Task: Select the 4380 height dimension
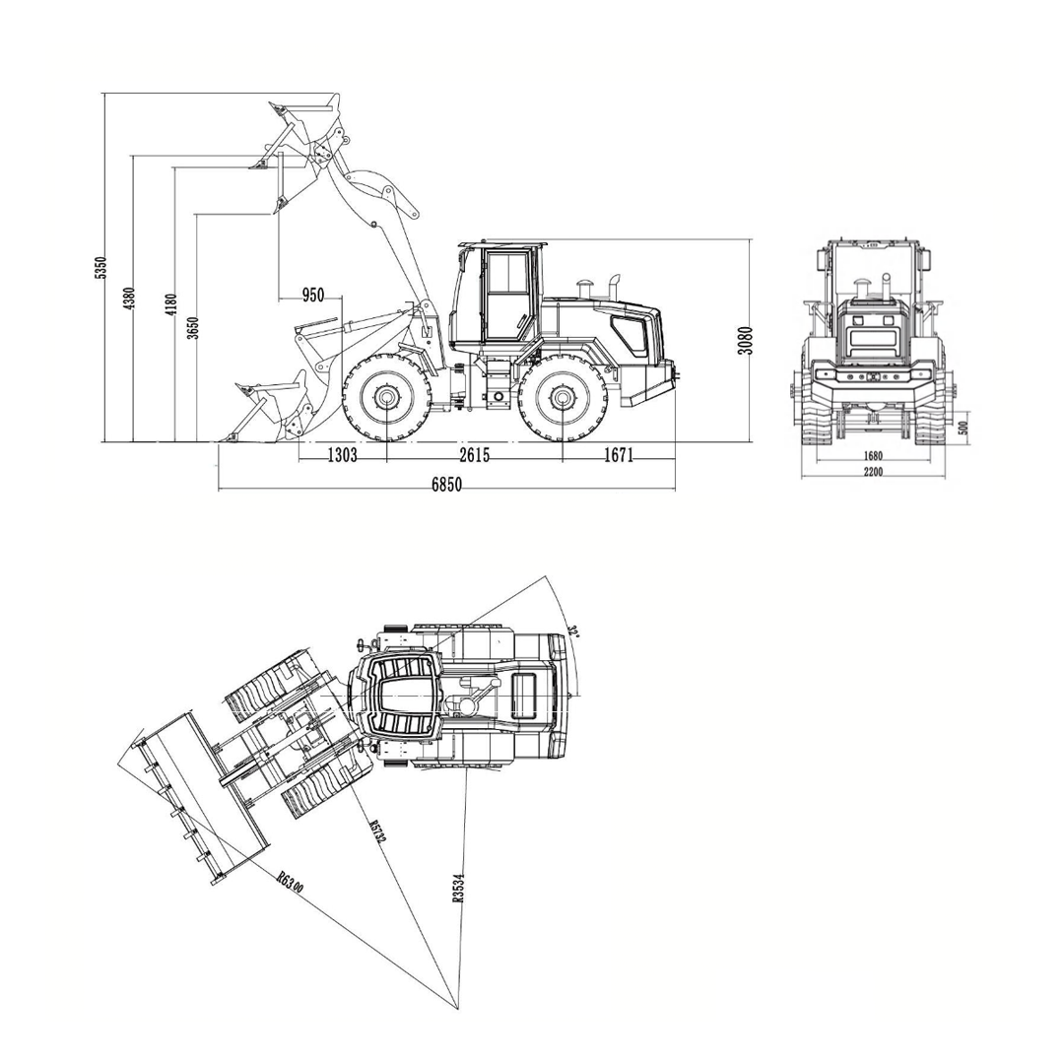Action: click(x=129, y=299)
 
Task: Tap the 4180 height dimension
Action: click(x=170, y=303)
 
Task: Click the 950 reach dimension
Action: click(x=313, y=296)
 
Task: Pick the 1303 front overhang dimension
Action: click(x=342, y=454)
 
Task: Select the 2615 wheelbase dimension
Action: click(x=474, y=454)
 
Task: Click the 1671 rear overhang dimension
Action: click(x=618, y=454)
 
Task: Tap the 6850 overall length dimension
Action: click(x=446, y=484)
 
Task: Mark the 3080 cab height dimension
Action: click(x=746, y=340)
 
